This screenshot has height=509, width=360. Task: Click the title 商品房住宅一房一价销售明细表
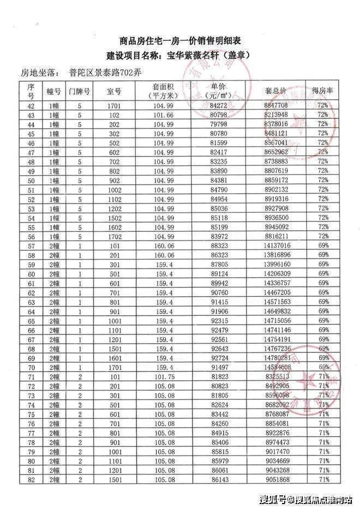[181, 41]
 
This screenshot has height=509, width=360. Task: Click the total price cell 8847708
[275, 105]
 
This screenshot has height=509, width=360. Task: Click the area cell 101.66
[163, 115]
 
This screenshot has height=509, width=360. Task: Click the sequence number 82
[31, 479]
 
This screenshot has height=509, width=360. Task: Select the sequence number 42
[31, 105]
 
